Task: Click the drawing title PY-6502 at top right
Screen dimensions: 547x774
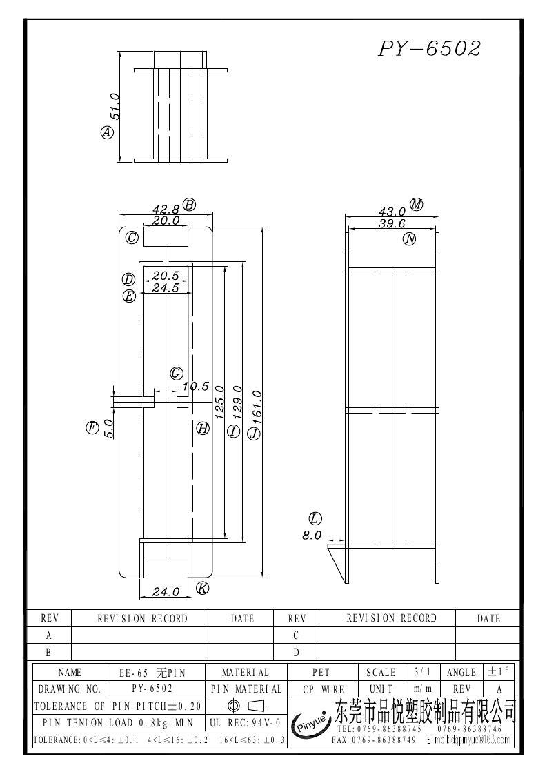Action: pyautogui.click(x=430, y=48)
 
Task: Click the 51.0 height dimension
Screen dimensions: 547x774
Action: pyautogui.click(x=115, y=106)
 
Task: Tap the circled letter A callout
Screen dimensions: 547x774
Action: pyautogui.click(x=107, y=132)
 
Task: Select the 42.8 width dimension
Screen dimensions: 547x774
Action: pyautogui.click(x=166, y=210)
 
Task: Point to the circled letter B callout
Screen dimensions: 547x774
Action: pyautogui.click(x=189, y=205)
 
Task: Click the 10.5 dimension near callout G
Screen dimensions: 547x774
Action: pyautogui.click(x=196, y=387)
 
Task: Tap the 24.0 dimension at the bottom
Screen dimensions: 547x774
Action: pyautogui.click(x=166, y=591)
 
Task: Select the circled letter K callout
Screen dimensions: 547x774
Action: pyautogui.click(x=202, y=588)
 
